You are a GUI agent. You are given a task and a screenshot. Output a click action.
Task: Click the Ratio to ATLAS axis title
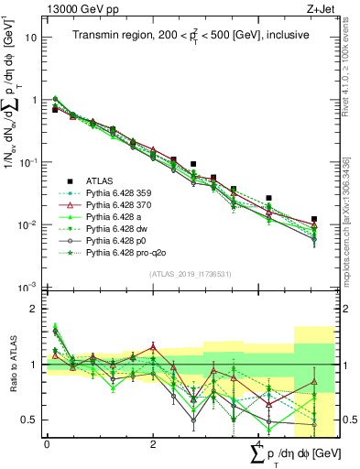click(12, 363)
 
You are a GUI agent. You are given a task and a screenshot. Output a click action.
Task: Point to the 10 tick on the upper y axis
click(32, 38)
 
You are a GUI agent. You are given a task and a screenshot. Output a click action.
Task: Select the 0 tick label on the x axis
click(47, 444)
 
